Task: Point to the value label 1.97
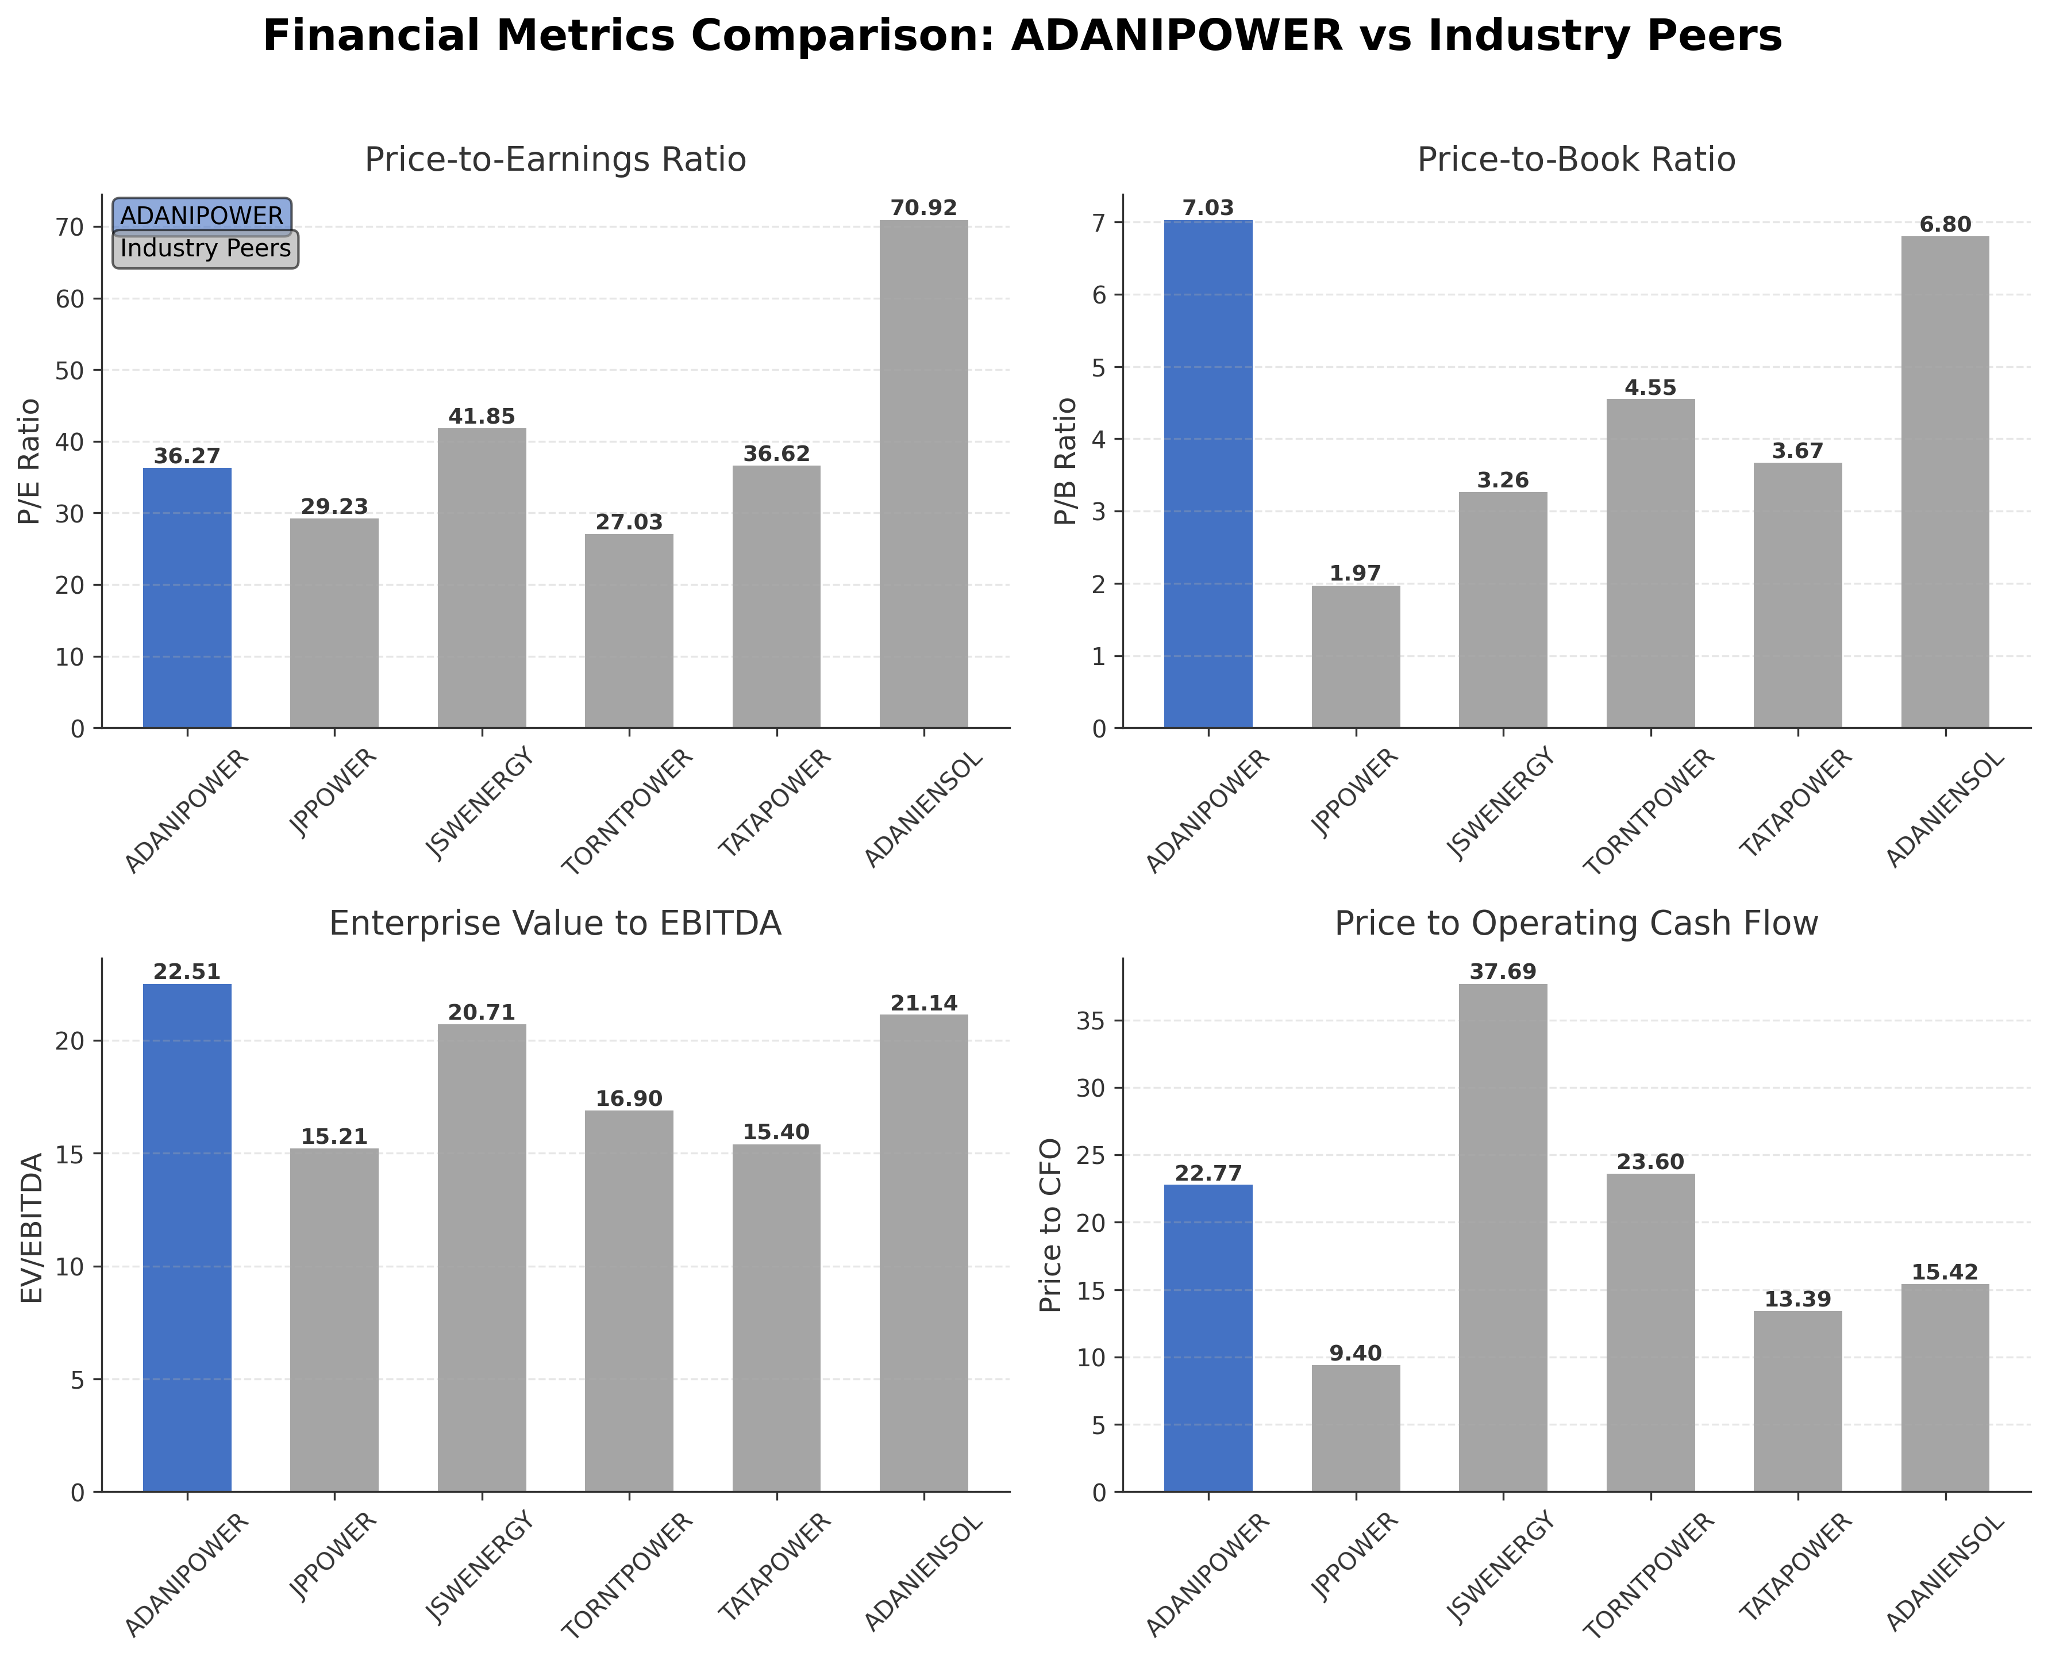tap(1355, 573)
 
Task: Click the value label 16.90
tap(629, 1098)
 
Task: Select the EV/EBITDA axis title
tap(33, 1227)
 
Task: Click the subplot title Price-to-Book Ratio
tap(1576, 159)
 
